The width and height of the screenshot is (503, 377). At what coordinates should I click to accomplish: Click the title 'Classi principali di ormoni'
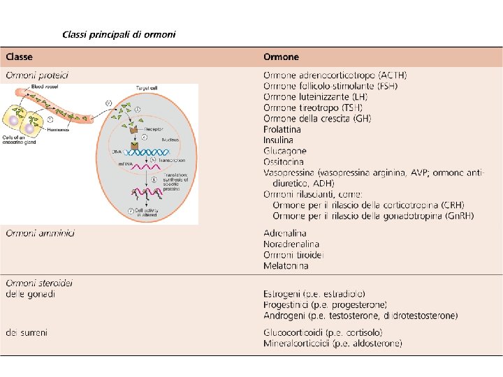(119, 34)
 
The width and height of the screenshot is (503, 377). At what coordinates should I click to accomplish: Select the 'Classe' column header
(20, 57)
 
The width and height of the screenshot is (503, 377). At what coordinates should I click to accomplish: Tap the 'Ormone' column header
(281, 57)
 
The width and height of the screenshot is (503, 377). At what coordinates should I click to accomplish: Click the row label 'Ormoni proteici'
(37, 75)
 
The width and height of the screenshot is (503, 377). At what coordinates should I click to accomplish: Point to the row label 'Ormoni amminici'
(41, 233)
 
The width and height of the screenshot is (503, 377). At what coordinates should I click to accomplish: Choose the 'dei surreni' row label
(27, 332)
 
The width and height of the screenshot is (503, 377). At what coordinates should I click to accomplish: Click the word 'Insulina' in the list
(278, 140)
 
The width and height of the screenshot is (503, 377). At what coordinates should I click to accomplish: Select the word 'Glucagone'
(284, 151)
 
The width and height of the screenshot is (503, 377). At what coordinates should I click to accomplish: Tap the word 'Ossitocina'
(284, 161)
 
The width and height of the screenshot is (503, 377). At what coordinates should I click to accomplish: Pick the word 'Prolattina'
(282, 129)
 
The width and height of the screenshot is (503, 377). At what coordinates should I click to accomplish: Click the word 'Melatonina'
(286, 266)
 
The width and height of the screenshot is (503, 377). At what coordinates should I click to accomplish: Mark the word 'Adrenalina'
(285, 233)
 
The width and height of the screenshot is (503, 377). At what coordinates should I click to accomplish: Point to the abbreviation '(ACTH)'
(393, 75)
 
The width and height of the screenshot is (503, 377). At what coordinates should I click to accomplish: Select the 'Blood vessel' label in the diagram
(44, 87)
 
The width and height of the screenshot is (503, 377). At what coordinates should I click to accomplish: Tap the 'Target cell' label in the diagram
(146, 88)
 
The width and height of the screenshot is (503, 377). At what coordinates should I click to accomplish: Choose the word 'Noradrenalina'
(291, 244)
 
